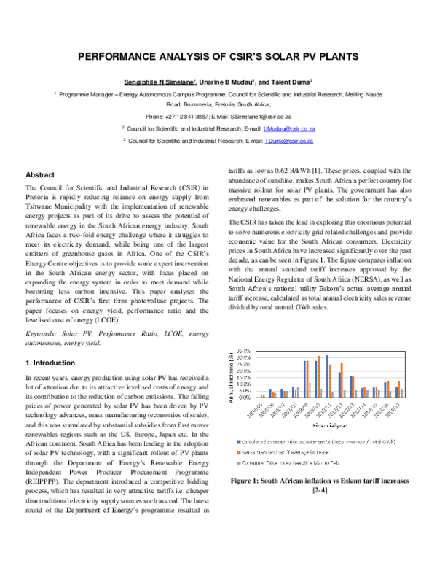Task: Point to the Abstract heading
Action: [x=40, y=176]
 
